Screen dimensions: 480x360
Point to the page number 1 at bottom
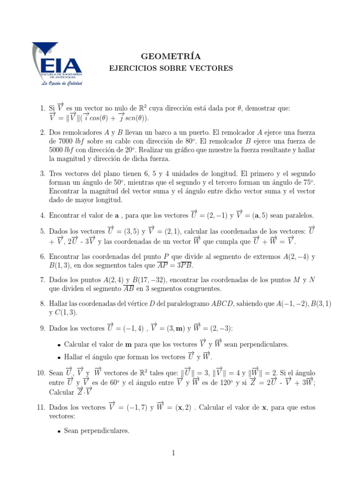click(173, 453)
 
